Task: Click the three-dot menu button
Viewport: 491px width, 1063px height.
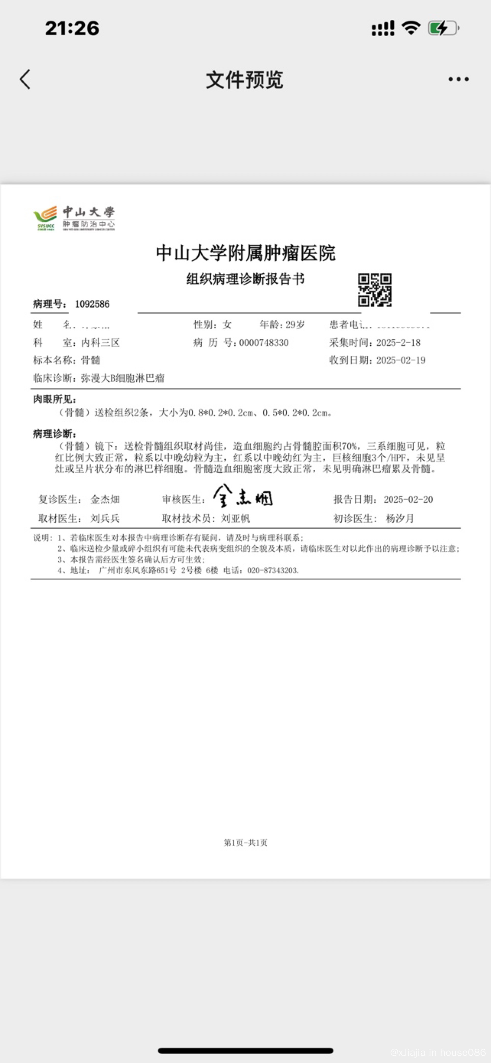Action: tap(458, 79)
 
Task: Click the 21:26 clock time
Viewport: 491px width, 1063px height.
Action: tap(72, 28)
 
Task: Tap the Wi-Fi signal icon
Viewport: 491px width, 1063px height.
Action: tap(411, 28)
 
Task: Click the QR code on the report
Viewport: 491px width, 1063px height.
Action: tap(374, 290)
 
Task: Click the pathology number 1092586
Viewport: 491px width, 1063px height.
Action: tap(92, 304)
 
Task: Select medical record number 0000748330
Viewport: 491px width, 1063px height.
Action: tap(264, 343)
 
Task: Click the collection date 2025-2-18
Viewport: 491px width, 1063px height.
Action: tap(398, 343)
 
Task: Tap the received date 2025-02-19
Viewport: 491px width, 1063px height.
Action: tap(401, 360)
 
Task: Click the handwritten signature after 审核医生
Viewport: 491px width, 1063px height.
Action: tap(243, 496)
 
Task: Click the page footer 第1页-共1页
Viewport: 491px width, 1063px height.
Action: tap(245, 843)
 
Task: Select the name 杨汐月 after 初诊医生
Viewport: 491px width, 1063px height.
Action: tap(400, 518)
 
